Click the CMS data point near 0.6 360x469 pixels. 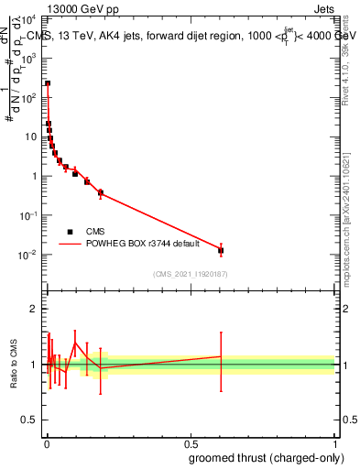(x=220, y=250)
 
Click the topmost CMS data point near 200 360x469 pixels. (x=48, y=83)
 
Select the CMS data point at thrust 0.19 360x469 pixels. (x=100, y=192)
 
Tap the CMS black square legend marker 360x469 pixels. (x=70, y=232)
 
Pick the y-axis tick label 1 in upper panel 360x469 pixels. (x=36, y=176)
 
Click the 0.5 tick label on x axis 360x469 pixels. (x=190, y=444)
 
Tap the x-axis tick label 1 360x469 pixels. (x=333, y=444)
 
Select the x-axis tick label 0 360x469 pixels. (x=46, y=444)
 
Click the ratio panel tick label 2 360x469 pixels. (x=36, y=309)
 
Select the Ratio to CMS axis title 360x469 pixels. (x=14, y=365)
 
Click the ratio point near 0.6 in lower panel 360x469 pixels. (x=220, y=356)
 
